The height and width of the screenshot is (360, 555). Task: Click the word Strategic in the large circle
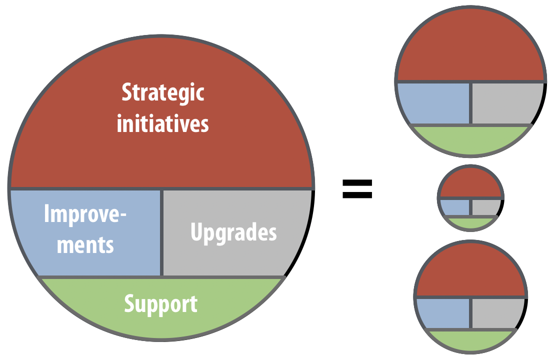coord(163,92)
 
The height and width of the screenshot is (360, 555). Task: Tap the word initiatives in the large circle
coord(163,123)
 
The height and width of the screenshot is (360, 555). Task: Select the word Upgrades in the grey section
coord(233,233)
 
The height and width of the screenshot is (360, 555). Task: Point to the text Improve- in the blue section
coord(85,214)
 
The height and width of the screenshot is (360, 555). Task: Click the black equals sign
coord(357,188)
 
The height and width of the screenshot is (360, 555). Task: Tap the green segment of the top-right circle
coord(470,139)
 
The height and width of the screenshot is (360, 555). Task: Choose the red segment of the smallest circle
coord(470,184)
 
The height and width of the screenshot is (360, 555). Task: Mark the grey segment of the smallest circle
coord(485,207)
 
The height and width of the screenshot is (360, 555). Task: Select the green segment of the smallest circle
coord(470,222)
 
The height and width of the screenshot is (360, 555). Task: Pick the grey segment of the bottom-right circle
coord(497,313)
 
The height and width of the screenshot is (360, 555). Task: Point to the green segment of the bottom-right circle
coord(470,340)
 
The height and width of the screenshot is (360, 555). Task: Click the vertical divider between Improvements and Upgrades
coord(162,232)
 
